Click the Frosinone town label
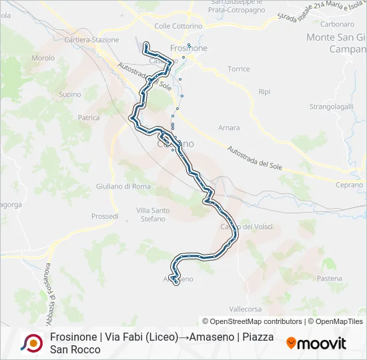[189, 48]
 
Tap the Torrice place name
[238, 69]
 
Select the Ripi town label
[264, 91]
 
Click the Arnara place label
[229, 127]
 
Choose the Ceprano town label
[349, 185]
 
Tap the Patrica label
[89, 118]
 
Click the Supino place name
[70, 95]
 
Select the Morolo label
[43, 58]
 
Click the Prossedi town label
[105, 217]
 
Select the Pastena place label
[329, 278]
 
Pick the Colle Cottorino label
[178, 26]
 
